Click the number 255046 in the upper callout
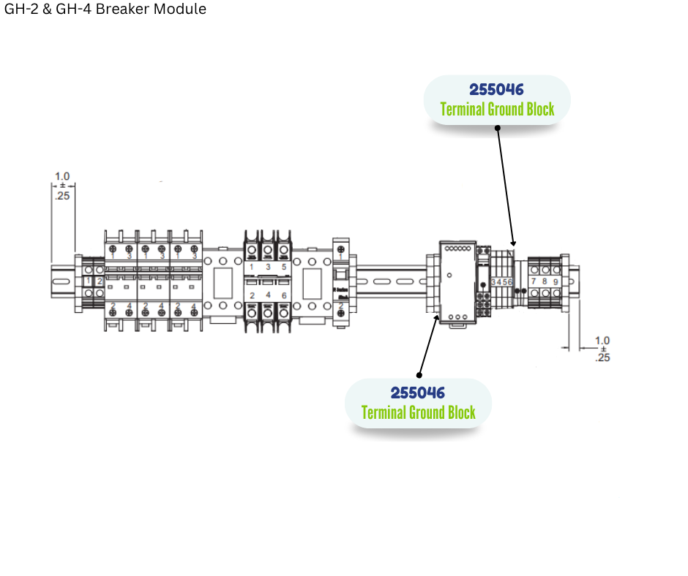click(x=497, y=89)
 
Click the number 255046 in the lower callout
click(x=418, y=393)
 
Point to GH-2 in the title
click(x=20, y=10)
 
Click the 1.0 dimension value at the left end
click(x=62, y=176)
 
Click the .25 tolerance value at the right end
click(x=602, y=357)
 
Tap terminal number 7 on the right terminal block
click(x=534, y=281)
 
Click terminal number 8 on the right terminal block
click(x=545, y=281)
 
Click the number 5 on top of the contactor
click(x=283, y=268)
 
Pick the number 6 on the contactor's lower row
click(x=283, y=295)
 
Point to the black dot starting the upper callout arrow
click(x=498, y=127)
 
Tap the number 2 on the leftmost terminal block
click(x=100, y=281)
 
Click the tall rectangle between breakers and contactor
click(x=223, y=281)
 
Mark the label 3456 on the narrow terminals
click(x=501, y=281)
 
